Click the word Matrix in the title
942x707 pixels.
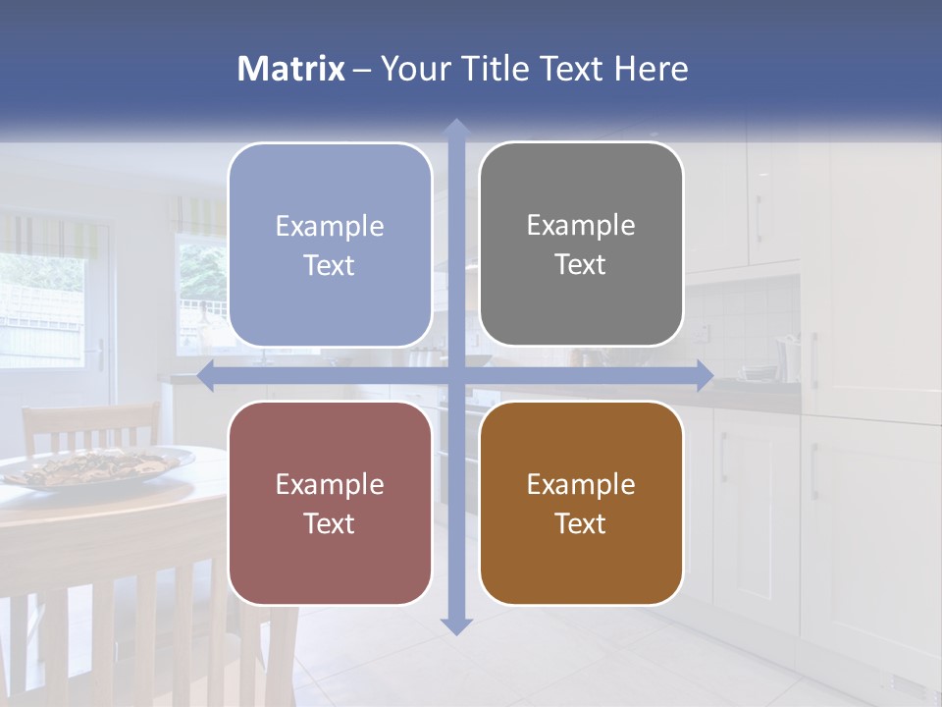pos(291,69)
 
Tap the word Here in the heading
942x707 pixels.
pos(651,69)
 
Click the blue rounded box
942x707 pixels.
pos(330,245)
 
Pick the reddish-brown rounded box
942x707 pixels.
pos(330,503)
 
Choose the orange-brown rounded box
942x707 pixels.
pos(581,503)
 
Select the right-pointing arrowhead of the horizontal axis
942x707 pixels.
pos(705,375)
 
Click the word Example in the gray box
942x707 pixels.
pos(581,225)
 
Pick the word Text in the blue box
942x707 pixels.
pos(330,265)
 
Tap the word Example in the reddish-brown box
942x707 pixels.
pos(330,484)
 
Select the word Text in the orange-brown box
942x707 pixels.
pos(581,523)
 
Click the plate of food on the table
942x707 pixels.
pos(98,465)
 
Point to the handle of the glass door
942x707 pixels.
pos(99,353)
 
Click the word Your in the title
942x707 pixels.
pos(415,69)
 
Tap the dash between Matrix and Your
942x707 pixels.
pos(362,70)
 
